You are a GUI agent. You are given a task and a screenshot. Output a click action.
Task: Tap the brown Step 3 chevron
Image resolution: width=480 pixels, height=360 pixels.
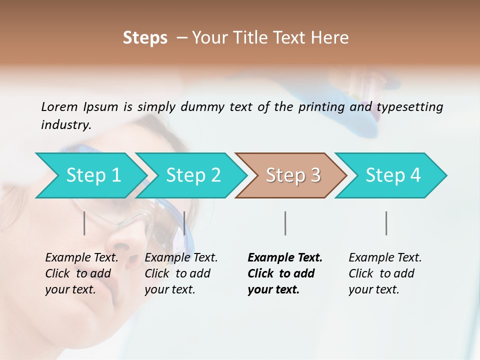[x=293, y=175]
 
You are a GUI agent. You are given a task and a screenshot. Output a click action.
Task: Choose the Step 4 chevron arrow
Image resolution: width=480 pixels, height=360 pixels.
[x=393, y=175]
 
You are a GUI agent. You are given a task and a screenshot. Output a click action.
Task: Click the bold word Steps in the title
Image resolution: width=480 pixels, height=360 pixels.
[x=145, y=38]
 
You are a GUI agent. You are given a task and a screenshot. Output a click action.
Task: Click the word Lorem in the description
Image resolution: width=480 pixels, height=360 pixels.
[x=59, y=106]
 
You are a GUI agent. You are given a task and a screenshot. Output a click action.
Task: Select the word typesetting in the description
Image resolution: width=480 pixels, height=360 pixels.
[x=409, y=107]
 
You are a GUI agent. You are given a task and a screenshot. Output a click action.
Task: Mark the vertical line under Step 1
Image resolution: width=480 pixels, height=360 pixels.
[x=84, y=223]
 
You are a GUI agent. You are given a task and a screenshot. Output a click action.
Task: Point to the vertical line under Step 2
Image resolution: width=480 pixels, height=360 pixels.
[x=184, y=223]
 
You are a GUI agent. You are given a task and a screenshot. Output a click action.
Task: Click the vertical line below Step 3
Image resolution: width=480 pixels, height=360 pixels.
[x=285, y=223]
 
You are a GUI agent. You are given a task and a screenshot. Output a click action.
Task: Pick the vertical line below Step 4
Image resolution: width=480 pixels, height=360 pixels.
[x=386, y=223]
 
